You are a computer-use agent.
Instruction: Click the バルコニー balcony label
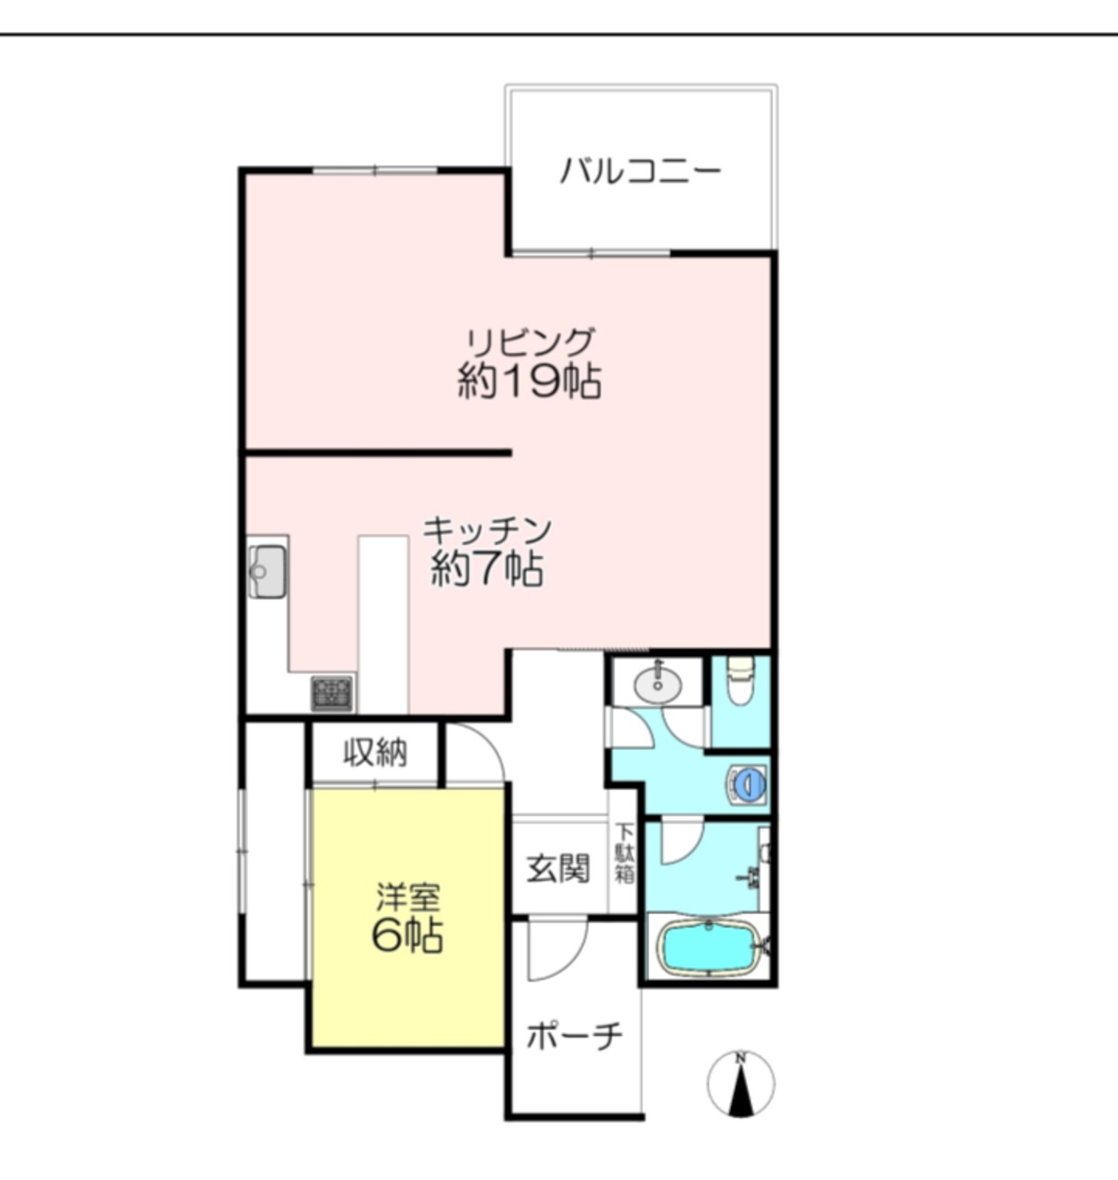pyautogui.click(x=640, y=171)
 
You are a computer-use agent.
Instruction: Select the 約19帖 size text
pyautogui.click(x=529, y=382)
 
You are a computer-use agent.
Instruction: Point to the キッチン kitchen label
pyautogui.click(x=487, y=529)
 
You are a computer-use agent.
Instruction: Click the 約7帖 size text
pyautogui.click(x=487, y=569)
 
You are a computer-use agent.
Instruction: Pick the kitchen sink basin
pyautogui.click(x=266, y=571)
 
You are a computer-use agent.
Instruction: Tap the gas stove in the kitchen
pyautogui.click(x=332, y=694)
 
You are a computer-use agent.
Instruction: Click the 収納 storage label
pyautogui.click(x=376, y=753)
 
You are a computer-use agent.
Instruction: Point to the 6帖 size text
pyautogui.click(x=408, y=935)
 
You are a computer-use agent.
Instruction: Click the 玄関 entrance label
pyautogui.click(x=558, y=868)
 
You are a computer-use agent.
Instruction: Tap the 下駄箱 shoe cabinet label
pyautogui.click(x=625, y=855)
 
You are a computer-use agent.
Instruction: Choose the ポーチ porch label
pyautogui.click(x=574, y=1035)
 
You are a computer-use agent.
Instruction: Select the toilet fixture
pyautogui.click(x=740, y=681)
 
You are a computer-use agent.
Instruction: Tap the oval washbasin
pyautogui.click(x=659, y=683)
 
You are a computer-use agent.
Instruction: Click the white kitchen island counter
pyautogui.click(x=383, y=625)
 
